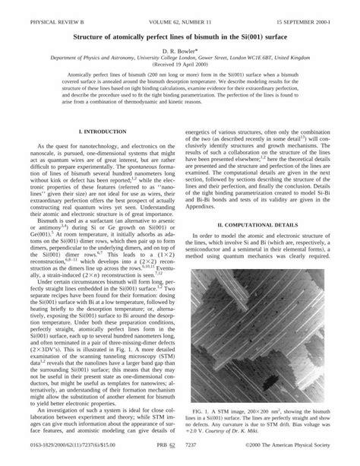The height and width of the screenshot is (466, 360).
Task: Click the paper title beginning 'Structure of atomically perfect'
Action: (179, 35)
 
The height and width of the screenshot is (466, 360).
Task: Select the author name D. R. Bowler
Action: (179, 49)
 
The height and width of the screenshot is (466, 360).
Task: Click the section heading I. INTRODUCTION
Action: (92, 132)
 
